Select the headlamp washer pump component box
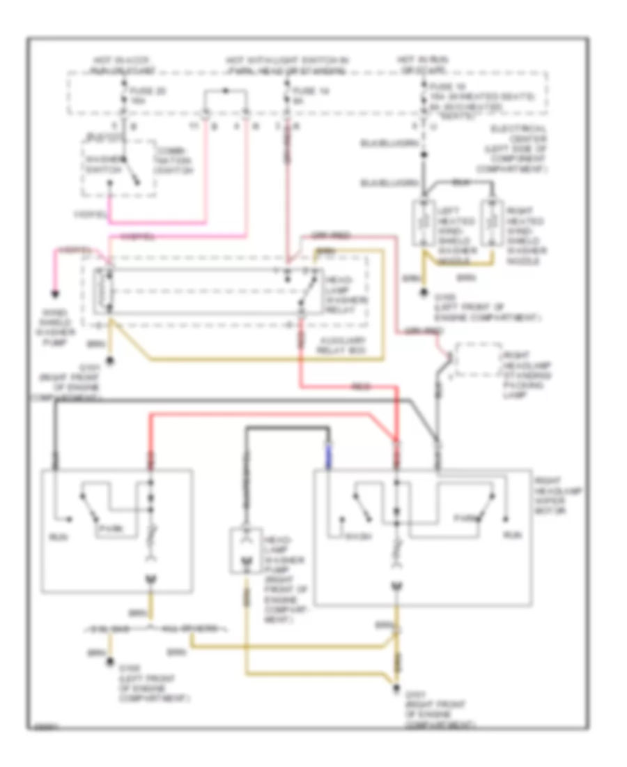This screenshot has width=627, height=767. coord(245,552)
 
